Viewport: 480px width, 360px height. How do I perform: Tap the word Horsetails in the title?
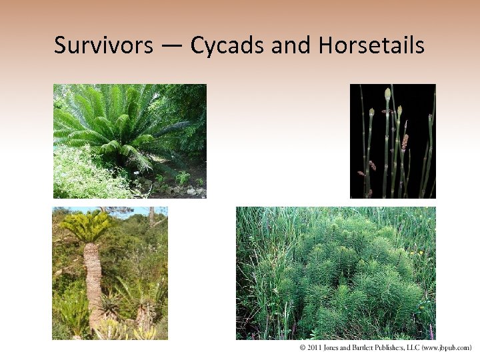pyautogui.click(x=371, y=45)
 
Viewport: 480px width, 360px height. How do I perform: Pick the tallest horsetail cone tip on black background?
pyautogui.click(x=387, y=94)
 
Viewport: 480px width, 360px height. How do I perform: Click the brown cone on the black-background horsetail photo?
pyautogui.click(x=405, y=142)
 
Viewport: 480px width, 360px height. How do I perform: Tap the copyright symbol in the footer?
pyautogui.click(x=302, y=348)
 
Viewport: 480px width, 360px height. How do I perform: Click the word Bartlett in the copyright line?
pyautogui.click(x=363, y=348)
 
